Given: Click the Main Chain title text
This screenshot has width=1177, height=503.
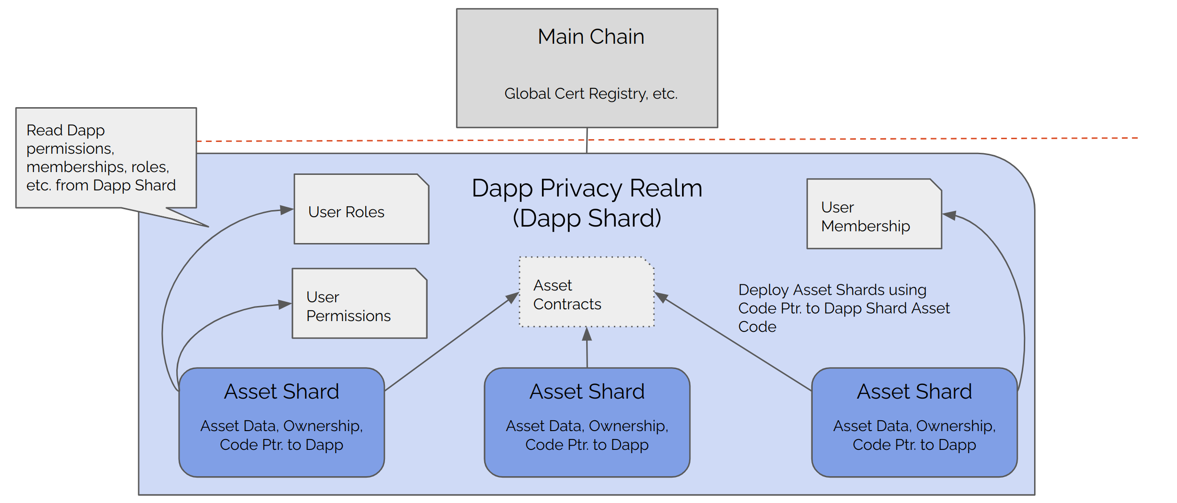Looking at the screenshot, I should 591,37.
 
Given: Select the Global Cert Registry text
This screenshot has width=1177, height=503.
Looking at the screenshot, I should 591,94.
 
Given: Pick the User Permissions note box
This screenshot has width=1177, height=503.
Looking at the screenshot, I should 359,304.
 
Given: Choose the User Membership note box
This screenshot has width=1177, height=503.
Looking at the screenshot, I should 874,214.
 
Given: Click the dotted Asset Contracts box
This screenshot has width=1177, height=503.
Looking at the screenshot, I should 586,292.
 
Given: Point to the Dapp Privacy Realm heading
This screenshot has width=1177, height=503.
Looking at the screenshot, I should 587,189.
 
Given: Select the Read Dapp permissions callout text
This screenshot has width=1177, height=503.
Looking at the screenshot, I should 101,157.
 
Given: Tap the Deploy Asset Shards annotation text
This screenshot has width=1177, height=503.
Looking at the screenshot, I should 843,308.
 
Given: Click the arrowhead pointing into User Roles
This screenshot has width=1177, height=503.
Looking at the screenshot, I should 286,210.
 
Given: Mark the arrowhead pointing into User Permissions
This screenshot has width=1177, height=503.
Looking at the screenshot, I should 284,305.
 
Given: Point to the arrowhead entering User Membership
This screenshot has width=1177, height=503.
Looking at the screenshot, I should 949,215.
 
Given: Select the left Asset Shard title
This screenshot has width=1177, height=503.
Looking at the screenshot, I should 282,392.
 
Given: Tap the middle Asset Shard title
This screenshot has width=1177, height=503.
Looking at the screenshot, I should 587,392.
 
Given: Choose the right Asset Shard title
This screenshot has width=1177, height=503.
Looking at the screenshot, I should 914,392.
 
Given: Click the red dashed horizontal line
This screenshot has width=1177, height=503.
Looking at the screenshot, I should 846,139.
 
